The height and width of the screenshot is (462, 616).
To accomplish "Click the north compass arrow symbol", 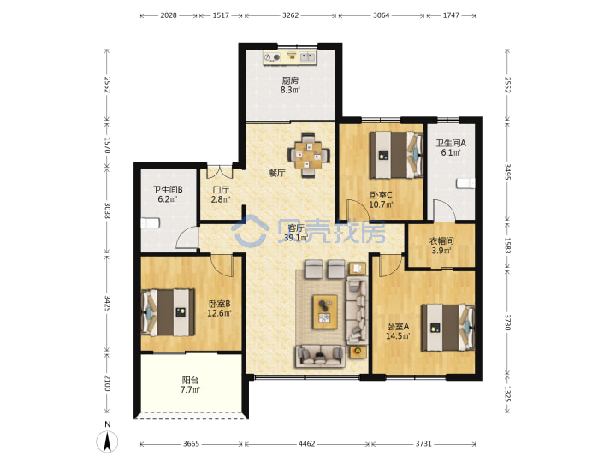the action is [107, 441].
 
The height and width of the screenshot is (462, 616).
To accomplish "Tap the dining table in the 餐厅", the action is [309, 156].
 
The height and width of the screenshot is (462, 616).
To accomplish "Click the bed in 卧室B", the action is [169, 313].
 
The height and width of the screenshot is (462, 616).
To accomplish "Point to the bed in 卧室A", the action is [447, 328].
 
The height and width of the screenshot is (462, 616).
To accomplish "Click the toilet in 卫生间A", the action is [466, 183].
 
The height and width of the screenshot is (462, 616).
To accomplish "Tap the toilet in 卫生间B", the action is [151, 223].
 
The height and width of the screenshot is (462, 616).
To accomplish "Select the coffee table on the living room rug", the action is [325, 312].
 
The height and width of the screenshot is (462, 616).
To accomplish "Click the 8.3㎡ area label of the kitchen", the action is [290, 90].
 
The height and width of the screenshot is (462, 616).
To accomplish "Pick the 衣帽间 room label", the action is [441, 240].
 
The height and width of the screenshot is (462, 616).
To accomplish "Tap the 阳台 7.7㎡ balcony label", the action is [190, 385].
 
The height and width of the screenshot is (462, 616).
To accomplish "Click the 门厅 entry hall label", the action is [221, 190].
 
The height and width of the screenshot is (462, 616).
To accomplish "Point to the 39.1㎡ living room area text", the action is [295, 238].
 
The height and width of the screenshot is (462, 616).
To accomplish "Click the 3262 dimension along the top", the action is [291, 15].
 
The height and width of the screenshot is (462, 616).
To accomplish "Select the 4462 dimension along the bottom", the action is [307, 443].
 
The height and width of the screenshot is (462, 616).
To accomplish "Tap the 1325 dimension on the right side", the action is [507, 394].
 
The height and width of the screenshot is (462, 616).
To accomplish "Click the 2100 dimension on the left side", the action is [107, 383].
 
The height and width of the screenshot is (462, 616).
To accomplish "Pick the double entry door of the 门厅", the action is [220, 172].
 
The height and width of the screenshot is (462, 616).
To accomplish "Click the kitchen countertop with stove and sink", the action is [290, 57].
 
